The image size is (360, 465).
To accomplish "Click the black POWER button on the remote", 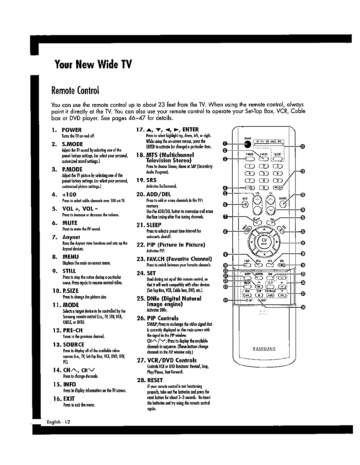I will tap(248, 144).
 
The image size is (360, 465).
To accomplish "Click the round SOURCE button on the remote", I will tap(283, 203).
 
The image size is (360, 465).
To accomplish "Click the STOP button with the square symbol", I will tap(259, 295).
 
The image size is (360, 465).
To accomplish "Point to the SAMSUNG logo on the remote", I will tap(264, 349).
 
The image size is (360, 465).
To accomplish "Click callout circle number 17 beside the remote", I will tap(303, 243).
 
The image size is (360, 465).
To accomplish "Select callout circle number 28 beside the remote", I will tap(303, 307).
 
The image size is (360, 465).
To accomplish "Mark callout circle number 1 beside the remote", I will tap(225, 144).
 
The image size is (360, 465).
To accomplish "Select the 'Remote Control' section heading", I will tap(75, 90).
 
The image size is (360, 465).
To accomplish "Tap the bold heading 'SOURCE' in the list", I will tap(73, 344).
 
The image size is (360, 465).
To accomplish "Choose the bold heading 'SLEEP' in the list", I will tap(154, 225).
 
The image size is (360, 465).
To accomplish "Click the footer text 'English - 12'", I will tap(59, 422).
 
